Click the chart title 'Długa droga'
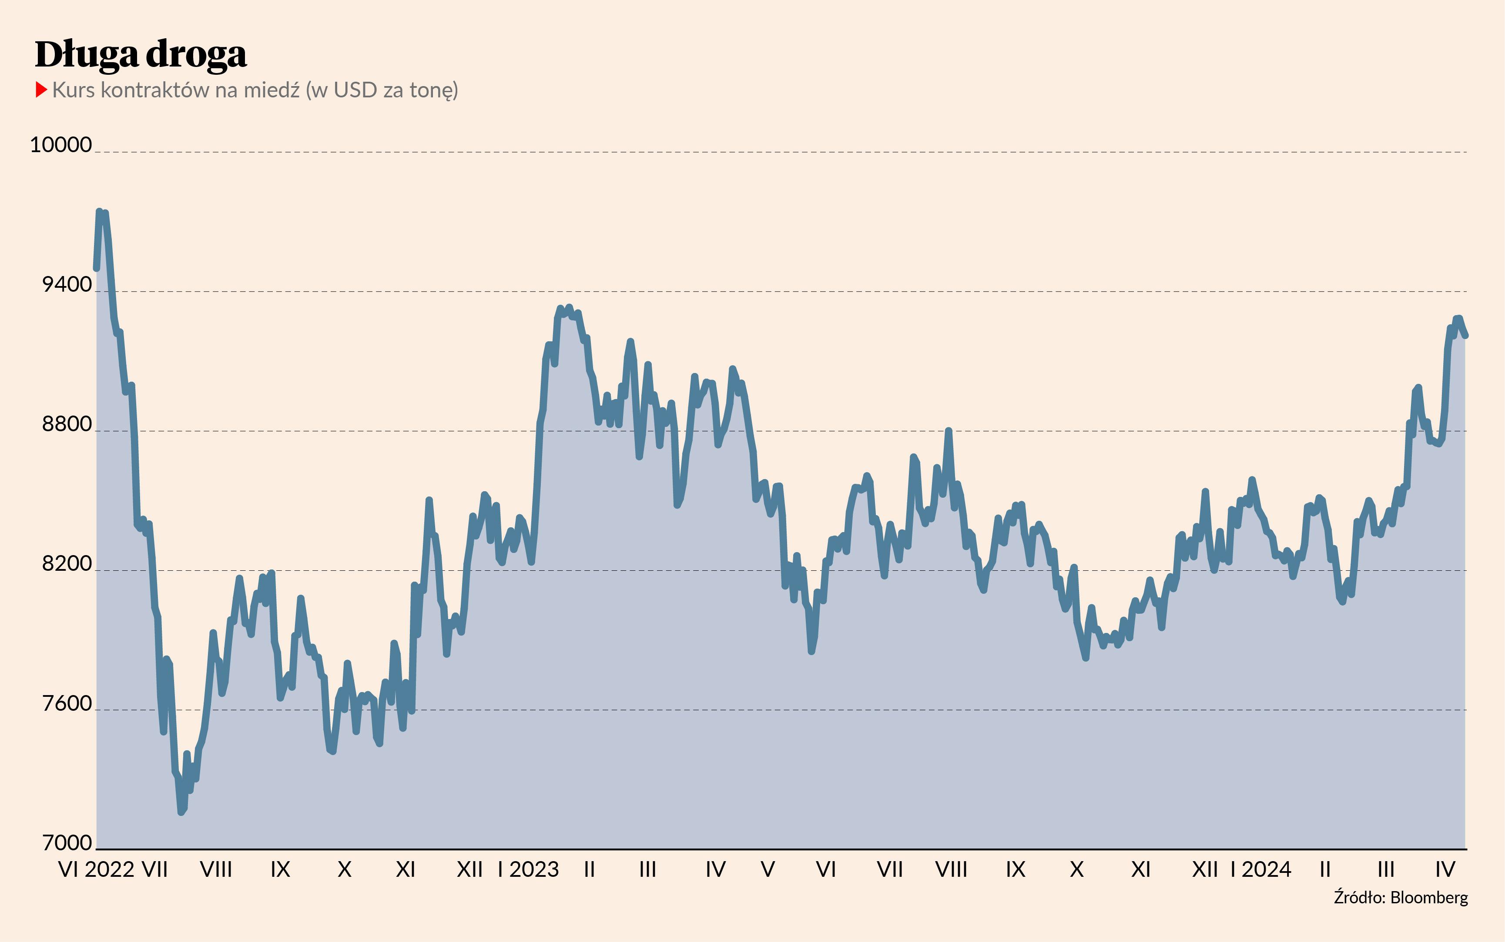(x=141, y=55)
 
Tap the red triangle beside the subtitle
(x=41, y=90)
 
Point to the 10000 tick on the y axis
(x=61, y=145)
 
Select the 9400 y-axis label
(x=67, y=285)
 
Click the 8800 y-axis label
(x=67, y=424)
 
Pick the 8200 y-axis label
(x=67, y=564)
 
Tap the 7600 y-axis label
(x=67, y=703)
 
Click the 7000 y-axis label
(x=67, y=843)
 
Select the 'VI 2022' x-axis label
(x=96, y=869)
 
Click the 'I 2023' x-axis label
(x=529, y=869)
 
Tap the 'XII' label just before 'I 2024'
(x=1205, y=869)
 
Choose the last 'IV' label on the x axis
(x=1445, y=869)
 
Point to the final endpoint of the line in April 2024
(x=1466, y=336)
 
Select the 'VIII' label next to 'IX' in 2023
(x=952, y=869)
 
